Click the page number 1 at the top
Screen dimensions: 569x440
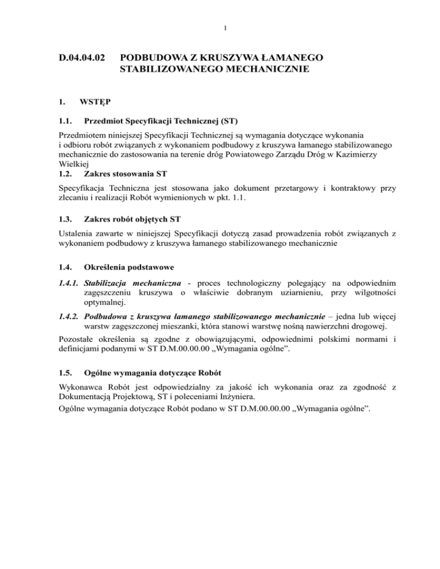pyautogui.click(x=220, y=27)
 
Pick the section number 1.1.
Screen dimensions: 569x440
pyautogui.click(x=66, y=121)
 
